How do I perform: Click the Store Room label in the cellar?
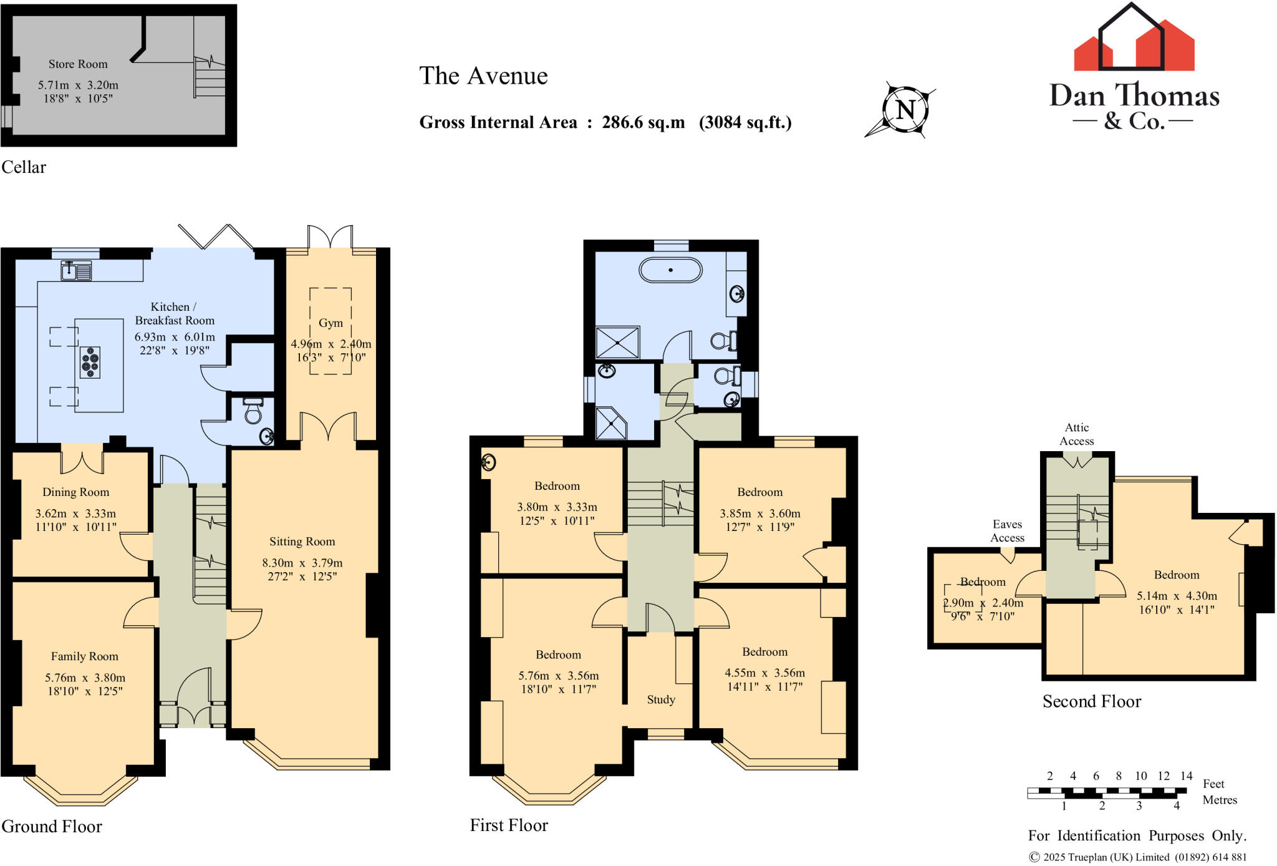click(x=78, y=64)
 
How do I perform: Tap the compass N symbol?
click(x=905, y=110)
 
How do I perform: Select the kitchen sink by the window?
click(x=76, y=271)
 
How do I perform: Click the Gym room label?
click(x=330, y=323)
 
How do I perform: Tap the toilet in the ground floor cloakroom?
click(x=253, y=411)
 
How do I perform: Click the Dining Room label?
click(x=75, y=492)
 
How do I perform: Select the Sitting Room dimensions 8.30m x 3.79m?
click(x=302, y=563)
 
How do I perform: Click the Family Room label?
click(x=84, y=656)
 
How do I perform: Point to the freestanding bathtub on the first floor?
click(x=670, y=271)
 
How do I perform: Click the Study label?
click(x=661, y=700)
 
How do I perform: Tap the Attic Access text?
click(x=1077, y=434)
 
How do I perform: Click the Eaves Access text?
click(x=1007, y=531)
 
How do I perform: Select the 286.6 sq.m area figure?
click(x=643, y=122)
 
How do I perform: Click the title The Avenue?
click(x=483, y=76)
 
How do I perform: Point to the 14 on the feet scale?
click(x=1186, y=776)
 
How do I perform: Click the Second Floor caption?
click(x=1091, y=702)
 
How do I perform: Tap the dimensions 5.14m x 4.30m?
click(x=1177, y=596)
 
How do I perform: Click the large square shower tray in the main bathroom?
click(x=617, y=343)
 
